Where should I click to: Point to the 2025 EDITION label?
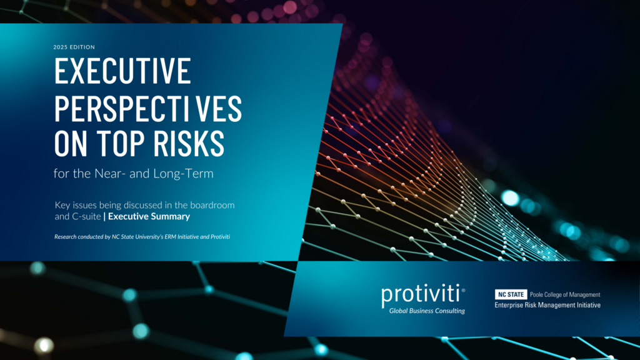click(x=76, y=47)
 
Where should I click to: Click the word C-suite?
click(x=86, y=217)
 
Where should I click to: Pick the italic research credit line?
click(x=142, y=237)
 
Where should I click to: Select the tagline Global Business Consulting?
click(x=427, y=311)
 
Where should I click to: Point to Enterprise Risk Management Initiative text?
click(x=547, y=305)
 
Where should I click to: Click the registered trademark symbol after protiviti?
click(x=463, y=288)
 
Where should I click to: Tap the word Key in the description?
click(x=62, y=205)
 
